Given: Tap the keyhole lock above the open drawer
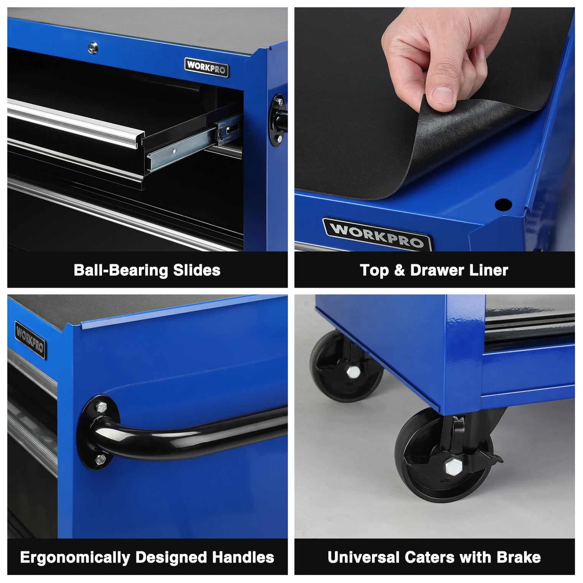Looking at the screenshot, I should (x=92, y=48).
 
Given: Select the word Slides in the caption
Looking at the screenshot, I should (x=197, y=270).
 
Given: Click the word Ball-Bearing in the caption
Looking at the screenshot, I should (x=121, y=270).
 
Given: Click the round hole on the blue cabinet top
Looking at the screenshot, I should (x=503, y=204).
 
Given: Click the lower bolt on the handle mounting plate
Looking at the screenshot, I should (x=100, y=458).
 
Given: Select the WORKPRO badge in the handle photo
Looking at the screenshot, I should (x=30, y=340).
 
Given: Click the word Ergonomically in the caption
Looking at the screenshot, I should (x=75, y=557).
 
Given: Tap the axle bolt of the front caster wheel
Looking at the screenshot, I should (x=450, y=466).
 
